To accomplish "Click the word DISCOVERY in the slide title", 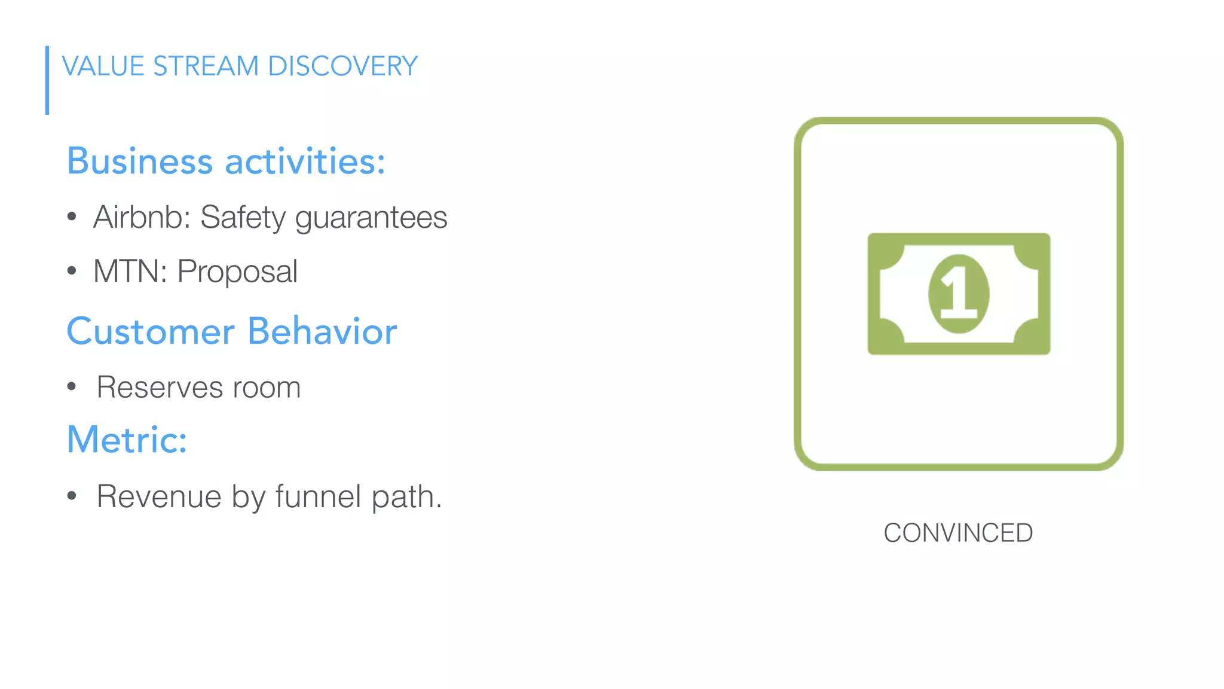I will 342,66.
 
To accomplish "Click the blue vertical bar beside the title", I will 47,80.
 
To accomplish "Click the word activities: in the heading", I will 305,161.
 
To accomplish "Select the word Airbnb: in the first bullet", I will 142,217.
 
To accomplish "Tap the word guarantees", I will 371,218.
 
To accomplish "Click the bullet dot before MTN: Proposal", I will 72,272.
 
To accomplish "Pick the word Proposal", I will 237,272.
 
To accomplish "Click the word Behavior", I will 322,331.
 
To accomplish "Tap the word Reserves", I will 160,388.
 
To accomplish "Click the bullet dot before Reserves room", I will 72,387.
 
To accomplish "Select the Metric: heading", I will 127,440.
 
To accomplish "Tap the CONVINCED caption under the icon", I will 958,533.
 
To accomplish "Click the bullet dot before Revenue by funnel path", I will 72,496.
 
